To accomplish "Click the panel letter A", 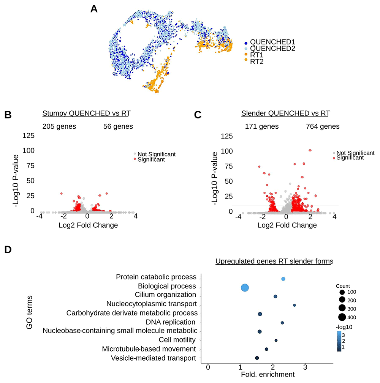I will [94, 9].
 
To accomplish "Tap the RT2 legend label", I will [257, 62].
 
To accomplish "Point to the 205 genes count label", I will [59, 126].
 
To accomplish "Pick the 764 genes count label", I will [323, 126].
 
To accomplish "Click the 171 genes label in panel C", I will [262, 126].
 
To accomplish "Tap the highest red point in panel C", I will [310, 150].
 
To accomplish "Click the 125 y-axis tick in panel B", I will [30, 136].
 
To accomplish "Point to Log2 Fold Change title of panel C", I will [287, 225].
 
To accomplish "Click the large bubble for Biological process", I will [244, 288].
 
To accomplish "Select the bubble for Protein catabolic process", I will [283, 279].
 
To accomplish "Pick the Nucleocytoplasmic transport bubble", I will [294, 305].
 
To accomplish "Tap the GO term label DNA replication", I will [171, 322].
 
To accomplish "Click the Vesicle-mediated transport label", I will [153, 358].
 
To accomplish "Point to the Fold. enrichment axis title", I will [268, 374].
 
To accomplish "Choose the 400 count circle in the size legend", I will [342, 317].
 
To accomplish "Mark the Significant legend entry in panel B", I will [151, 160].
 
